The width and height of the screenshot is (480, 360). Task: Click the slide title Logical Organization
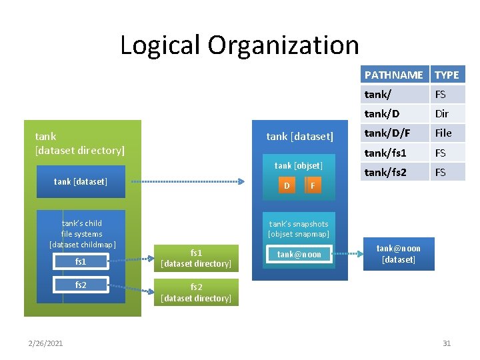click(239, 45)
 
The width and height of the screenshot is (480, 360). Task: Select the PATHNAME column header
click(393, 75)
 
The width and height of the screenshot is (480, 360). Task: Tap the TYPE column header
click(447, 75)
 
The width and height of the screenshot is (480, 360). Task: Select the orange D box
click(287, 185)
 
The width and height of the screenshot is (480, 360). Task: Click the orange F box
click(312, 185)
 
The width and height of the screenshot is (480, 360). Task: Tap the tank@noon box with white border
click(299, 254)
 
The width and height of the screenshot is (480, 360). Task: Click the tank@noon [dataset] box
click(399, 254)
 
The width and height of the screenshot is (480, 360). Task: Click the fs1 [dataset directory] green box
click(196, 259)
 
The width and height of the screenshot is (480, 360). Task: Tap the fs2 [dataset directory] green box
click(196, 293)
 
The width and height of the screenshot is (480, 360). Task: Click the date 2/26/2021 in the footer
click(46, 343)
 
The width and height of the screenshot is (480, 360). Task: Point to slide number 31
click(447, 343)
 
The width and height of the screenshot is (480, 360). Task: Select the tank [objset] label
click(299, 165)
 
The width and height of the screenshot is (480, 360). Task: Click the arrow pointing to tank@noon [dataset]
click(348, 254)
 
